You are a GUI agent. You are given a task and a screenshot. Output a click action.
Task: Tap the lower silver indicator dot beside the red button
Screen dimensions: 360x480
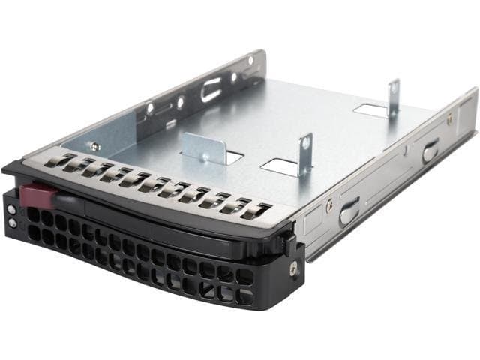[12, 223]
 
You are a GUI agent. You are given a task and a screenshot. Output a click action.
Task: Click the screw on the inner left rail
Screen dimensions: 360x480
[94, 148]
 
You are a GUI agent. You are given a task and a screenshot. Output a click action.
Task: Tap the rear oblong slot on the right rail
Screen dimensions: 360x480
[430, 151]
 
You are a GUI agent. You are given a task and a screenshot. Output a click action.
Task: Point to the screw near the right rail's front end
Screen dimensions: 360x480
[328, 202]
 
